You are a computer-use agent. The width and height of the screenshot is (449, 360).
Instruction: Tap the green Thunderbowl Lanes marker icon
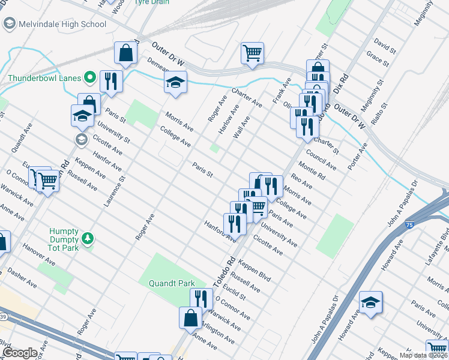[90, 77]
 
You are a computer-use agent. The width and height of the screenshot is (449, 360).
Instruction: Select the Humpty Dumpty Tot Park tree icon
[88, 239]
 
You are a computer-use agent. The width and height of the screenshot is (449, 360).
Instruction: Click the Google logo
[20, 353]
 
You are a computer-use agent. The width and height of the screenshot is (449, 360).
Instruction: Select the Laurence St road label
[114, 191]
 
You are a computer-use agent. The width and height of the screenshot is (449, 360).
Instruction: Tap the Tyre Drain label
[150, 2]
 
